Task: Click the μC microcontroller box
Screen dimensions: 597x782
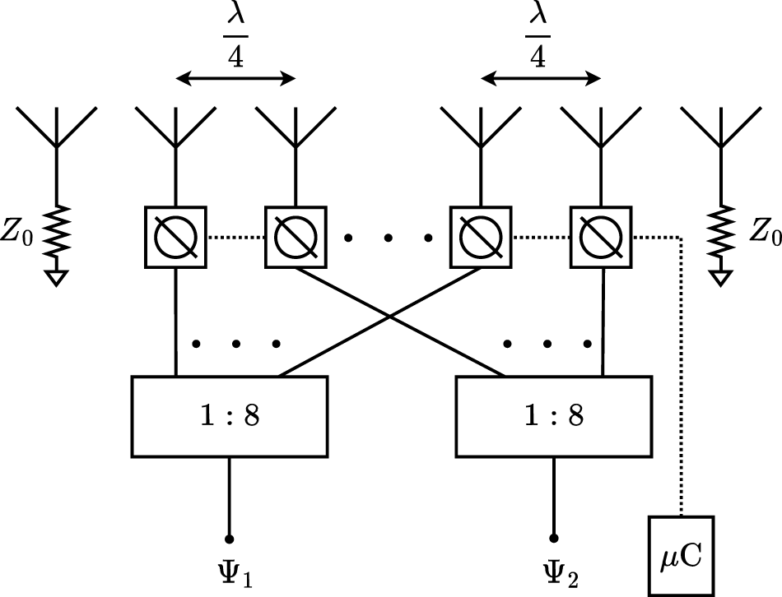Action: click(682, 555)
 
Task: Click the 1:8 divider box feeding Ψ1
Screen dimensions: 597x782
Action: click(230, 416)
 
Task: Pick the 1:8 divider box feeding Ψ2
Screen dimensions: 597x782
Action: click(554, 416)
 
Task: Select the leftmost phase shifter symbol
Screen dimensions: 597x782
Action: click(175, 238)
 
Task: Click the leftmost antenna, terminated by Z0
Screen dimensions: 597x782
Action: click(55, 127)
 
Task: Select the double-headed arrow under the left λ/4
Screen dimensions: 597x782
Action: click(236, 79)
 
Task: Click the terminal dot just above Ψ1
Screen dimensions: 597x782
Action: click(229, 539)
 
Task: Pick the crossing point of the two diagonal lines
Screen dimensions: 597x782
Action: click(390, 317)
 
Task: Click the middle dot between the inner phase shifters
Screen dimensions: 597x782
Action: click(388, 238)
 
